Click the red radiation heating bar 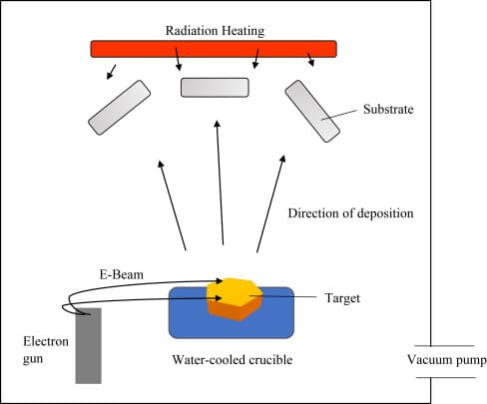tap(214, 48)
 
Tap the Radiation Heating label tap(214, 31)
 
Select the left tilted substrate tap(120, 108)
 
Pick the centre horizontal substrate tap(214, 87)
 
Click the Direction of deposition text tap(349, 213)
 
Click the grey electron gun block tap(89, 345)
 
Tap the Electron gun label tap(41, 349)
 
